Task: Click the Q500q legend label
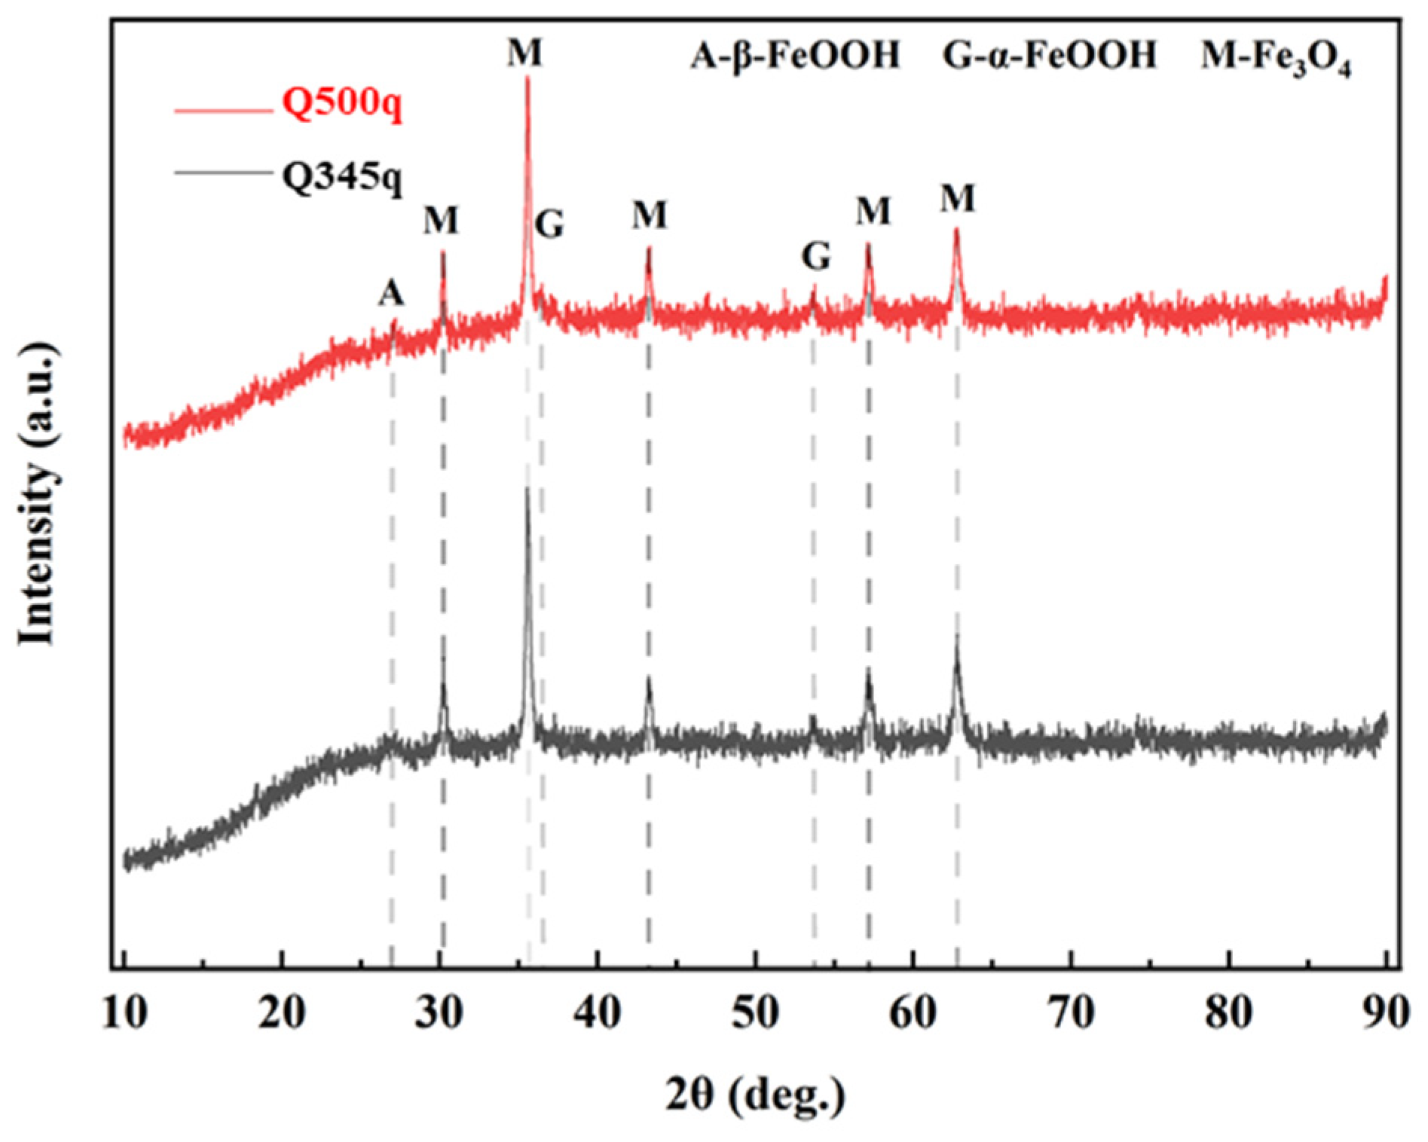(342, 105)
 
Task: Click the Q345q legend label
(342, 179)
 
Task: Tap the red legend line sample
(223, 111)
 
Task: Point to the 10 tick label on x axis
(124, 1012)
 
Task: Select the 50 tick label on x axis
(755, 1012)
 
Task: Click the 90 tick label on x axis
(1385, 1012)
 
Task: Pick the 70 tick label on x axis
(1071, 1012)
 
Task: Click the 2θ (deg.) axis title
(755, 1094)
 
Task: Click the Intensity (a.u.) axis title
(38, 493)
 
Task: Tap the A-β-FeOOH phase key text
(795, 56)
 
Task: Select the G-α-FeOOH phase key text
(1050, 56)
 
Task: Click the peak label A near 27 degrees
(391, 293)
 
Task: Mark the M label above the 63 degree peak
(957, 199)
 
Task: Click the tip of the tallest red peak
(527, 79)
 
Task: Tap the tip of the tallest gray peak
(527, 490)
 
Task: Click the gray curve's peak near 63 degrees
(957, 637)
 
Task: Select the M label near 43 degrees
(650, 215)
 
